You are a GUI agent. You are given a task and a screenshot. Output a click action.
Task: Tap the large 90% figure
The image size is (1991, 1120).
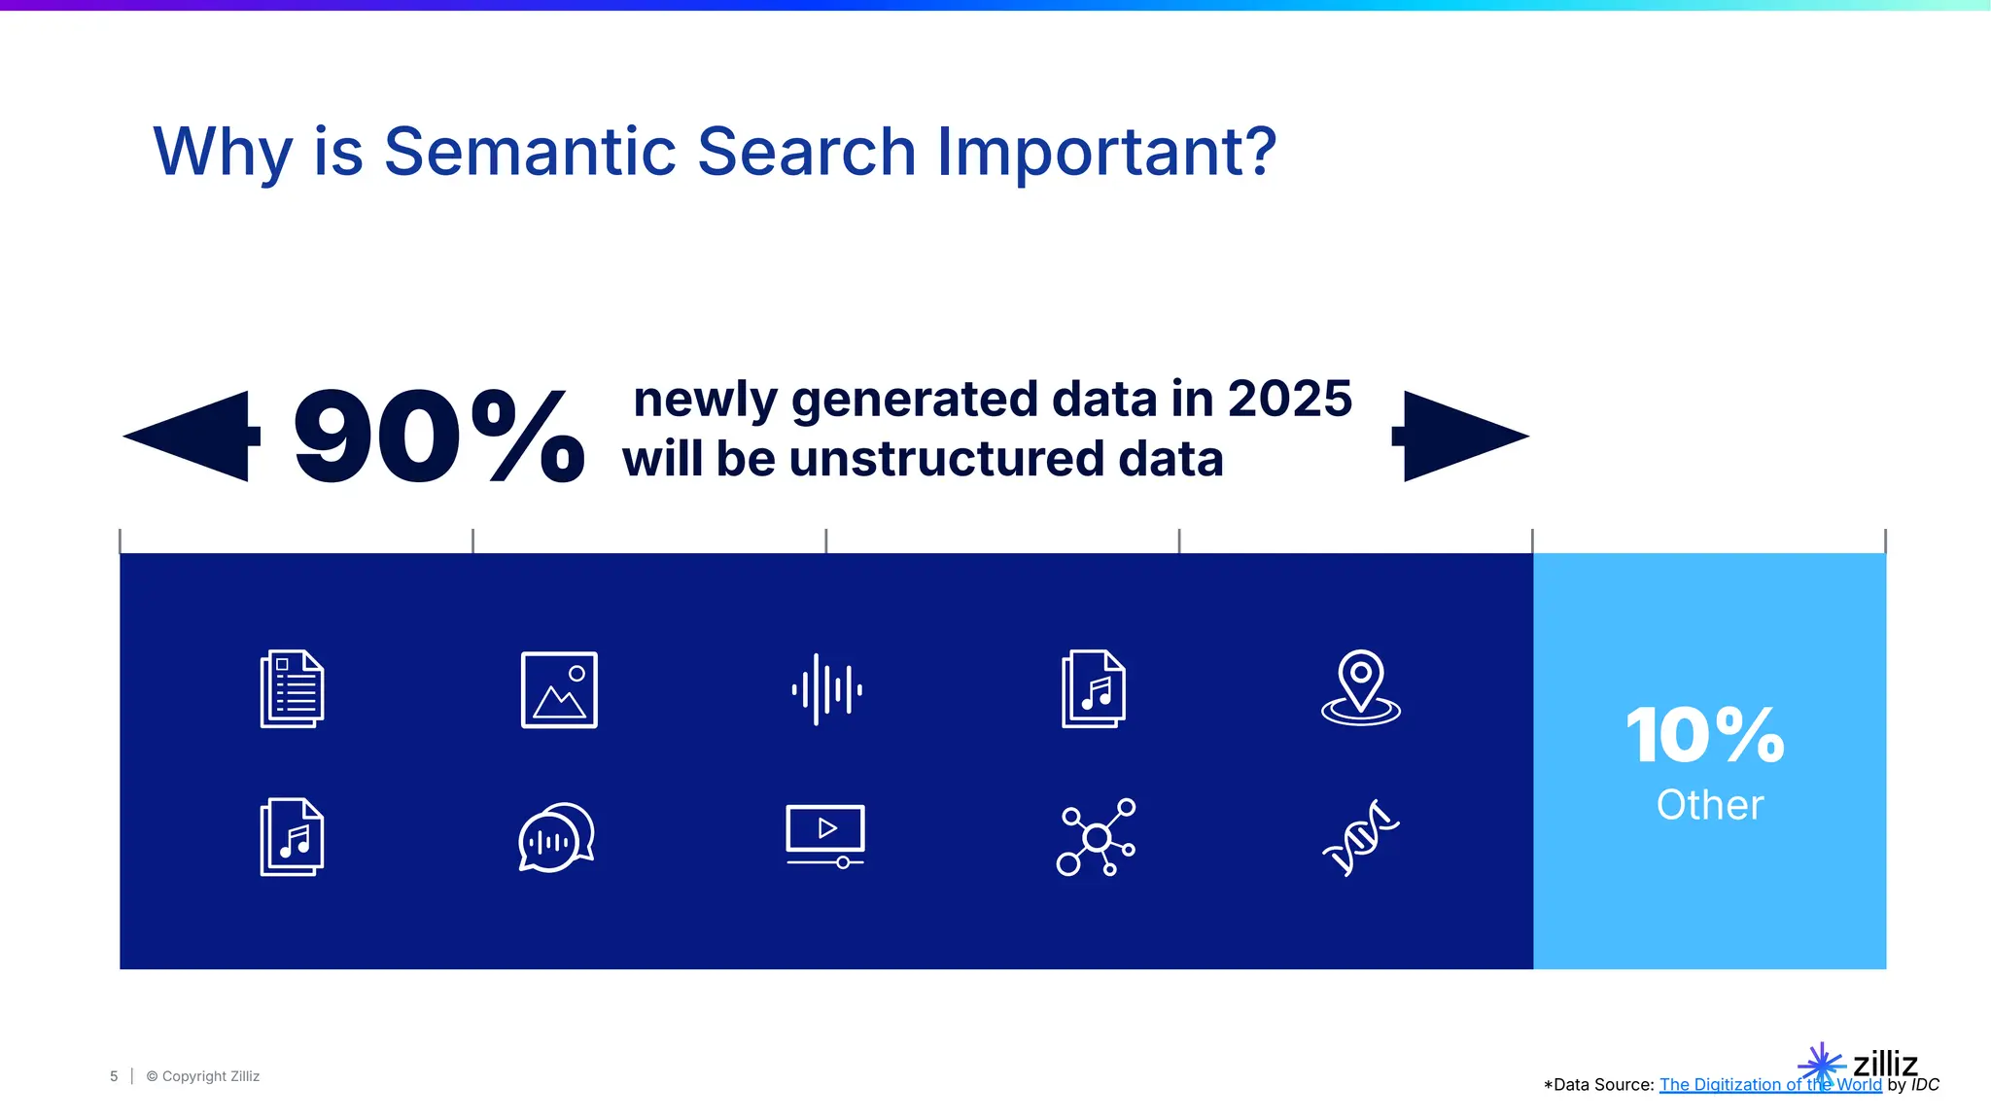(x=438, y=437)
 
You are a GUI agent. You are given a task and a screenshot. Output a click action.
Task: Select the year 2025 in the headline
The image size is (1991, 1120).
(x=1289, y=399)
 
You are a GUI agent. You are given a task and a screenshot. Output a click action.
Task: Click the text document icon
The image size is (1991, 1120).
(x=292, y=688)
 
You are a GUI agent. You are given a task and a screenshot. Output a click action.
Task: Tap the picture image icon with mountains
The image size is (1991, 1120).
(x=559, y=689)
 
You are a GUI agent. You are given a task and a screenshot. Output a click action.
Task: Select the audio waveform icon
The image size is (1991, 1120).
(x=826, y=689)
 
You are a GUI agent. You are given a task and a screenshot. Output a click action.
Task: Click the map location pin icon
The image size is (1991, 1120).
(x=1361, y=687)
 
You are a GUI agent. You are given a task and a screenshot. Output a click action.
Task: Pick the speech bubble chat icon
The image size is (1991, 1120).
(x=556, y=837)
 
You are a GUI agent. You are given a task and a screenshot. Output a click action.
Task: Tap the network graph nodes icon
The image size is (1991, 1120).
(x=1096, y=837)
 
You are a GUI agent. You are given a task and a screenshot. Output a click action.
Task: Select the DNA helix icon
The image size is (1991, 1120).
(x=1361, y=837)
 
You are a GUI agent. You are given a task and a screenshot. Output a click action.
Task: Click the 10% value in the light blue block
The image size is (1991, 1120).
(x=1705, y=735)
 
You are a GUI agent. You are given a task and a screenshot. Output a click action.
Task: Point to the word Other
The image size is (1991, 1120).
(x=1709, y=805)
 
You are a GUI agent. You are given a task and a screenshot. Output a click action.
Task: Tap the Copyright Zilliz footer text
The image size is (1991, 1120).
(x=203, y=1076)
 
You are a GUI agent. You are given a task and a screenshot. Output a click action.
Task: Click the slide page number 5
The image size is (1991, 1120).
(x=114, y=1076)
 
